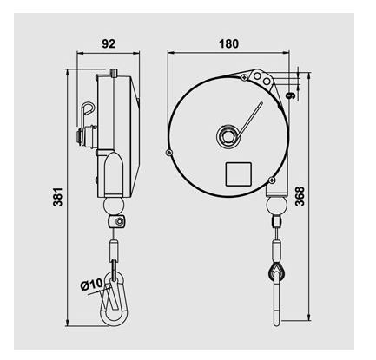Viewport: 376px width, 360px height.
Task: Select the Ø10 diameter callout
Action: click(x=91, y=283)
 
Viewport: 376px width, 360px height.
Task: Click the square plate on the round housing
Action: click(x=238, y=173)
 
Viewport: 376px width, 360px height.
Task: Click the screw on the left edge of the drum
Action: click(x=169, y=153)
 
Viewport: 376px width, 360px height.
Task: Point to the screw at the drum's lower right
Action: click(x=272, y=179)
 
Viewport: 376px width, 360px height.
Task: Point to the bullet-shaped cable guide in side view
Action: click(x=113, y=173)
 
